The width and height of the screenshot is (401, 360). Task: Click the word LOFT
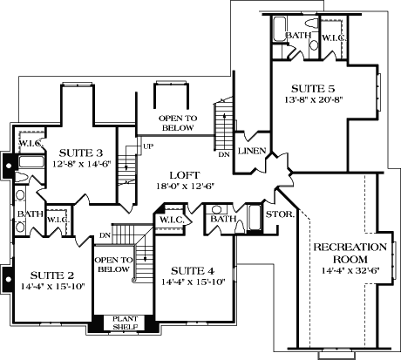(183, 173)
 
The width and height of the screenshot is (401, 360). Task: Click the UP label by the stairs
(136, 146)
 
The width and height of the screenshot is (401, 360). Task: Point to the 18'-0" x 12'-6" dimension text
(184, 186)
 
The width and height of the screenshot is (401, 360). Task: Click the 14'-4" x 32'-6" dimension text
(350, 272)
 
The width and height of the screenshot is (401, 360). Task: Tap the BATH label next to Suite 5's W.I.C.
(300, 36)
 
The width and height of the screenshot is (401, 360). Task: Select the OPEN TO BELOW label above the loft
(176, 122)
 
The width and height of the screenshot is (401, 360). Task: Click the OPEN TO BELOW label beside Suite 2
(112, 265)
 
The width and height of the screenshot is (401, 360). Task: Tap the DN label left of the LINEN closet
(224, 154)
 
